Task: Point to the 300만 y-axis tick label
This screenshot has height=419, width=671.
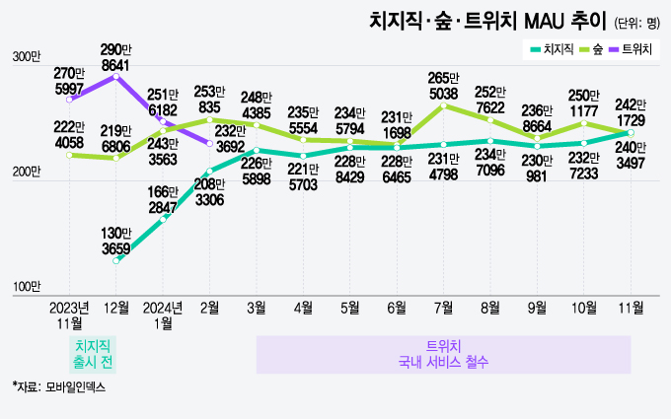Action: [x=26, y=58]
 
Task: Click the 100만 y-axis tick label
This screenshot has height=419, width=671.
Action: [x=26, y=287]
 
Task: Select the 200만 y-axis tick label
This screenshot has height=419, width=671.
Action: [x=26, y=173]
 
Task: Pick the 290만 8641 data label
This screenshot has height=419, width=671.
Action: [x=116, y=56]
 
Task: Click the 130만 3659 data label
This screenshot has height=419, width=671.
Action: [x=116, y=239]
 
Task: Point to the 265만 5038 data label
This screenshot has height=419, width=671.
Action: [x=443, y=86]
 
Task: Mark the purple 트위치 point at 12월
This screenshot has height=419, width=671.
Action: [x=116, y=77]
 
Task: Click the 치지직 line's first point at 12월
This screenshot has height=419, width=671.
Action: [x=116, y=260]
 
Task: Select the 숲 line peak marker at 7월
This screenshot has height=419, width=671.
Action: [x=443, y=106]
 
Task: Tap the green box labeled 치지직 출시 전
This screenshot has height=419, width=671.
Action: [x=94, y=353]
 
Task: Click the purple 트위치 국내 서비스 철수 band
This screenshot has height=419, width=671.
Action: [x=443, y=354]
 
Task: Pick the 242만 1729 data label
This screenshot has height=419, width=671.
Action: [x=631, y=111]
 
